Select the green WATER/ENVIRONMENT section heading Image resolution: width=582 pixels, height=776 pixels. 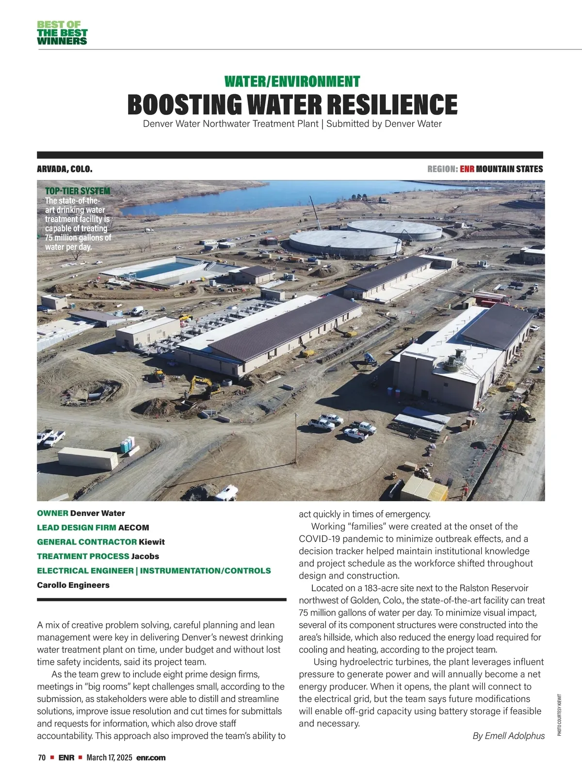point(292,81)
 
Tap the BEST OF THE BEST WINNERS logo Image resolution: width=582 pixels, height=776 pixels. point(62,33)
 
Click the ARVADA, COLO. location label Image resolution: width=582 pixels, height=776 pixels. point(65,169)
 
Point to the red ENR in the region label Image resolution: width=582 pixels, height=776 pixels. point(467,169)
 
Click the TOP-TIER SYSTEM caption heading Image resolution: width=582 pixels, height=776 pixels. point(78,191)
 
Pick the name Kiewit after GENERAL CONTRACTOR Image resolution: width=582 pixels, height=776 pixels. point(152,542)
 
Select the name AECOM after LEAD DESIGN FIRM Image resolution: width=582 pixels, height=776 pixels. point(134,528)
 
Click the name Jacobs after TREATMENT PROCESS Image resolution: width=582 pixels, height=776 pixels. point(145,556)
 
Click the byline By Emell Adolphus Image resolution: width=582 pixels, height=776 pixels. point(508,736)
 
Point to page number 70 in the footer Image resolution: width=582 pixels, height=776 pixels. point(42,758)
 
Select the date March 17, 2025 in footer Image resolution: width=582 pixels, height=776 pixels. point(109,758)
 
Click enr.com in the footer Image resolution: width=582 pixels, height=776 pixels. point(151,758)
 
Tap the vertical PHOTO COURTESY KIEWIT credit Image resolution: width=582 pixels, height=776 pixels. point(559,715)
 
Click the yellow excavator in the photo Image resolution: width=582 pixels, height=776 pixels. point(204,386)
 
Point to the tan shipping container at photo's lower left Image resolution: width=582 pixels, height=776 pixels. point(88,458)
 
